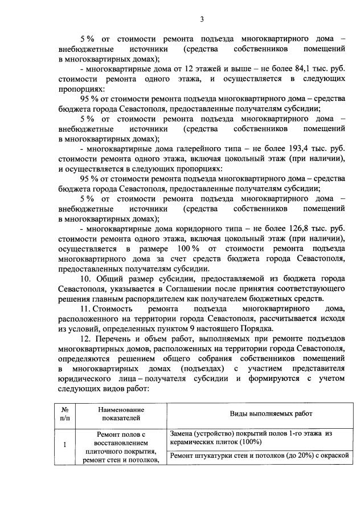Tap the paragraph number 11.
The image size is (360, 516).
(x=86, y=308)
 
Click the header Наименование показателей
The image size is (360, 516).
(x=120, y=414)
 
